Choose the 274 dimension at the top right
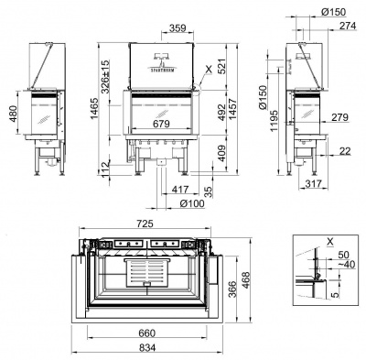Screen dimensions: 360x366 point(347,27)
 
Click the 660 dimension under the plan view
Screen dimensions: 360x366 point(145,333)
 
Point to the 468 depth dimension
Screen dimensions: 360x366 point(246,278)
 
